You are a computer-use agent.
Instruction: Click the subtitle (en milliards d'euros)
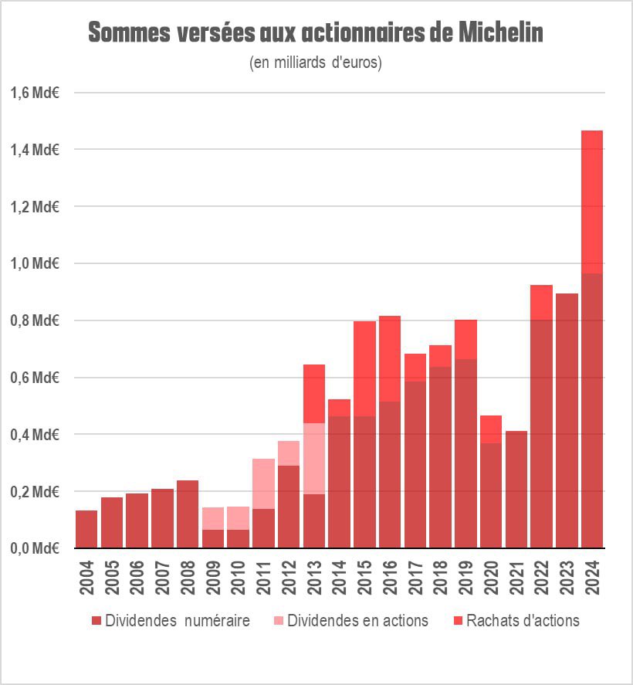[x=316, y=63]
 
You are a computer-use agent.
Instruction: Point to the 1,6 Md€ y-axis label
[x=35, y=93]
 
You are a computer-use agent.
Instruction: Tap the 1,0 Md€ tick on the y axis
[x=35, y=263]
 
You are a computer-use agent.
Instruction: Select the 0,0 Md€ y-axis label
[x=35, y=548]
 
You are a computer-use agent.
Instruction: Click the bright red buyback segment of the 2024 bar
[x=592, y=201]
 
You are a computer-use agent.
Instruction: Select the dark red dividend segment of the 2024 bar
[x=592, y=409]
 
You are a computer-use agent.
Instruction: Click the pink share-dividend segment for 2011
[x=263, y=483]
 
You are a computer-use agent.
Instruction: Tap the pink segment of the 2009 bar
[x=213, y=518]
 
